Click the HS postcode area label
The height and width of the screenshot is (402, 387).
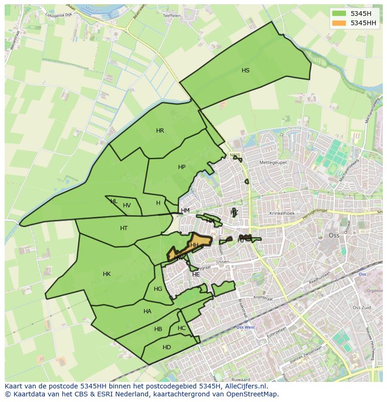pos(245,71)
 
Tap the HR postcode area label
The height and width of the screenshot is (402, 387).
pos(160,131)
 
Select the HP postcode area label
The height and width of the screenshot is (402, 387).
pos(182,167)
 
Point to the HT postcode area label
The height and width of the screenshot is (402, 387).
pos(124,228)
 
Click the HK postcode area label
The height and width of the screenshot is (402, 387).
pos(107,274)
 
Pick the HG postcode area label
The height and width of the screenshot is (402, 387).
pos(158,289)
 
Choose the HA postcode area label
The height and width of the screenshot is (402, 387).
pos(147,311)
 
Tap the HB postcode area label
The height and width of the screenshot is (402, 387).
pos(158,329)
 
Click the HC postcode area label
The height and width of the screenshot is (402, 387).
pos(181,328)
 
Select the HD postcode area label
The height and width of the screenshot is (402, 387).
pos(167,347)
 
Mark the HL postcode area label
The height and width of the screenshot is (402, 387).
pos(114,201)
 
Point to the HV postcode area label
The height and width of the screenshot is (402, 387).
pos(127,205)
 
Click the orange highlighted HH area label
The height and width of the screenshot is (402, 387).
pos(194,245)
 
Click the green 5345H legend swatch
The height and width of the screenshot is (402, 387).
pos(339,14)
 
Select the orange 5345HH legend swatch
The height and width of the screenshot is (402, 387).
pos(339,23)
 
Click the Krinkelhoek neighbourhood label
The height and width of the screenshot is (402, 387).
pos(282,213)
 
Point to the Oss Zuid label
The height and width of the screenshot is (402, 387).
pos(361,308)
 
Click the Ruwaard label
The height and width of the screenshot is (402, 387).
pos(240,379)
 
